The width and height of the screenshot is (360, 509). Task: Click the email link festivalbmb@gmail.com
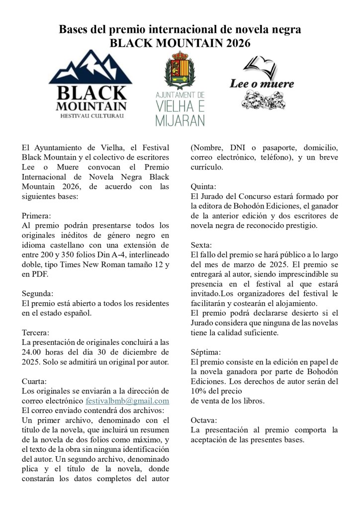coord(127,401)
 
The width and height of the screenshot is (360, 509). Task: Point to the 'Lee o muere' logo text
coord(262,84)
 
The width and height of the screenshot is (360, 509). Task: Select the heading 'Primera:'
coord(36,216)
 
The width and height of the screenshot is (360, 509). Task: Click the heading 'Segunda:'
coord(37,293)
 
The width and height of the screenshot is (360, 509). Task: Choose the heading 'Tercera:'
coord(36,332)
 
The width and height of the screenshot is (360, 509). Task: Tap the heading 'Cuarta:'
coord(34,381)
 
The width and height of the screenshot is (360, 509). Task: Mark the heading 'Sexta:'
coord(201,245)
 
